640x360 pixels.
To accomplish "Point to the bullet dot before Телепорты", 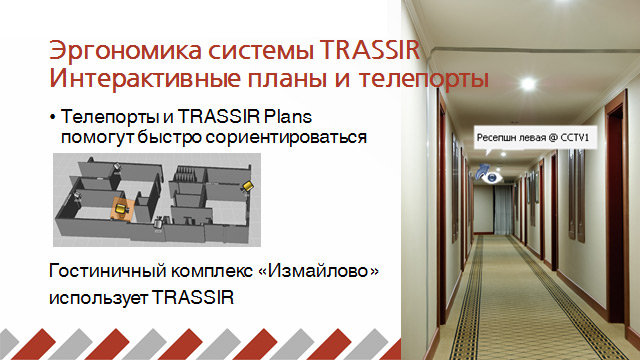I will pyautogui.click(x=51, y=118).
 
